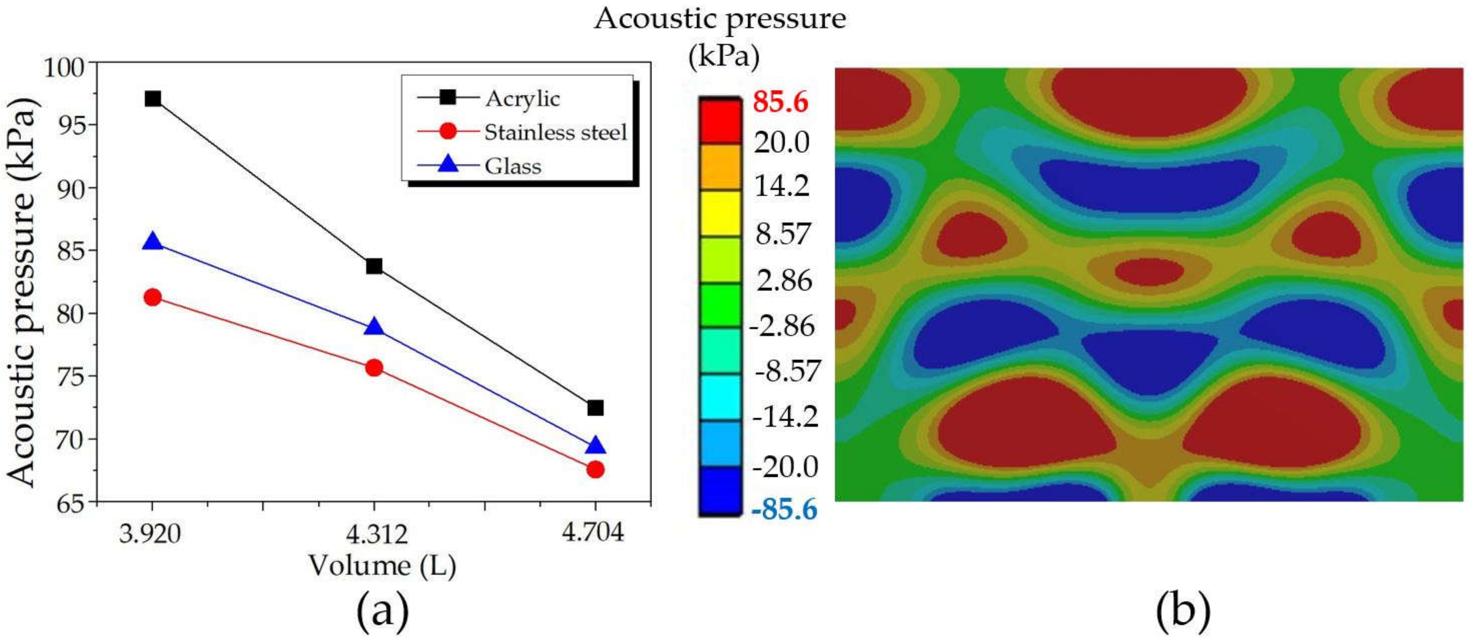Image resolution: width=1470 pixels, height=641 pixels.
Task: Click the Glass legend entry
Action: [x=512, y=166]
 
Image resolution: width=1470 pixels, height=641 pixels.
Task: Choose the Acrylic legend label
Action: [x=522, y=99]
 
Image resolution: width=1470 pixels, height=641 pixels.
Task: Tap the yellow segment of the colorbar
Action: [x=720, y=213]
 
